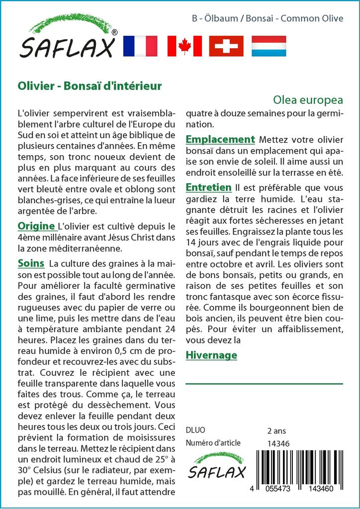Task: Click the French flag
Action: pyautogui.click(x=140, y=46)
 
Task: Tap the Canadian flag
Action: pyautogui.click(x=184, y=46)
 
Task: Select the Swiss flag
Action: pyautogui.click(x=226, y=46)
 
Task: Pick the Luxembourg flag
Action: pyautogui.click(x=269, y=46)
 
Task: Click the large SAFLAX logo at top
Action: pyautogui.click(x=68, y=38)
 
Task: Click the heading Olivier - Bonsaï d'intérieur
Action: pyautogui.click(x=90, y=85)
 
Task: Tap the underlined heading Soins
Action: pyautogui.click(x=31, y=262)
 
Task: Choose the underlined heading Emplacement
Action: pyautogui.click(x=220, y=139)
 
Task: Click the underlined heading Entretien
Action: pyautogui.click(x=208, y=187)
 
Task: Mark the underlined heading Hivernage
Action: pyautogui.click(x=211, y=355)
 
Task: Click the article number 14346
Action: pyautogui.click(x=278, y=444)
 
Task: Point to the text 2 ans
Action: pyautogui.click(x=276, y=430)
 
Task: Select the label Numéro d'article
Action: pyautogui.click(x=213, y=443)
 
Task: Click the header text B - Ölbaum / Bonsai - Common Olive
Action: pyautogui.click(x=268, y=19)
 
